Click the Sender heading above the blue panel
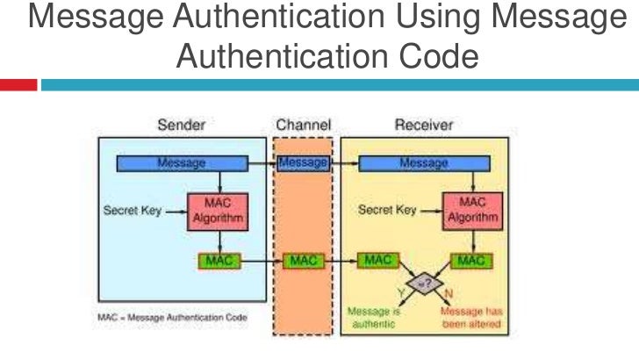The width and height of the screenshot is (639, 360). click(181, 126)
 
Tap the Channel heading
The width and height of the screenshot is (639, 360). click(303, 126)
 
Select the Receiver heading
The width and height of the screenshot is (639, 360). click(424, 126)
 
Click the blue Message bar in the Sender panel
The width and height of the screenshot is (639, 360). click(182, 163)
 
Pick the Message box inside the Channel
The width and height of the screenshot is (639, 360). click(303, 163)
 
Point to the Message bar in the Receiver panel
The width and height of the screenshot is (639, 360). click(423, 163)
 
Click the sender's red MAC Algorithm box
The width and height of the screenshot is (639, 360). click(212, 211)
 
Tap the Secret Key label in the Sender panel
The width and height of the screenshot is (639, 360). click(132, 211)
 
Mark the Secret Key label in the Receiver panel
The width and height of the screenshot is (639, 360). click(388, 211)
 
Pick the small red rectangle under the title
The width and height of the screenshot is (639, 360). click(18, 85)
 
